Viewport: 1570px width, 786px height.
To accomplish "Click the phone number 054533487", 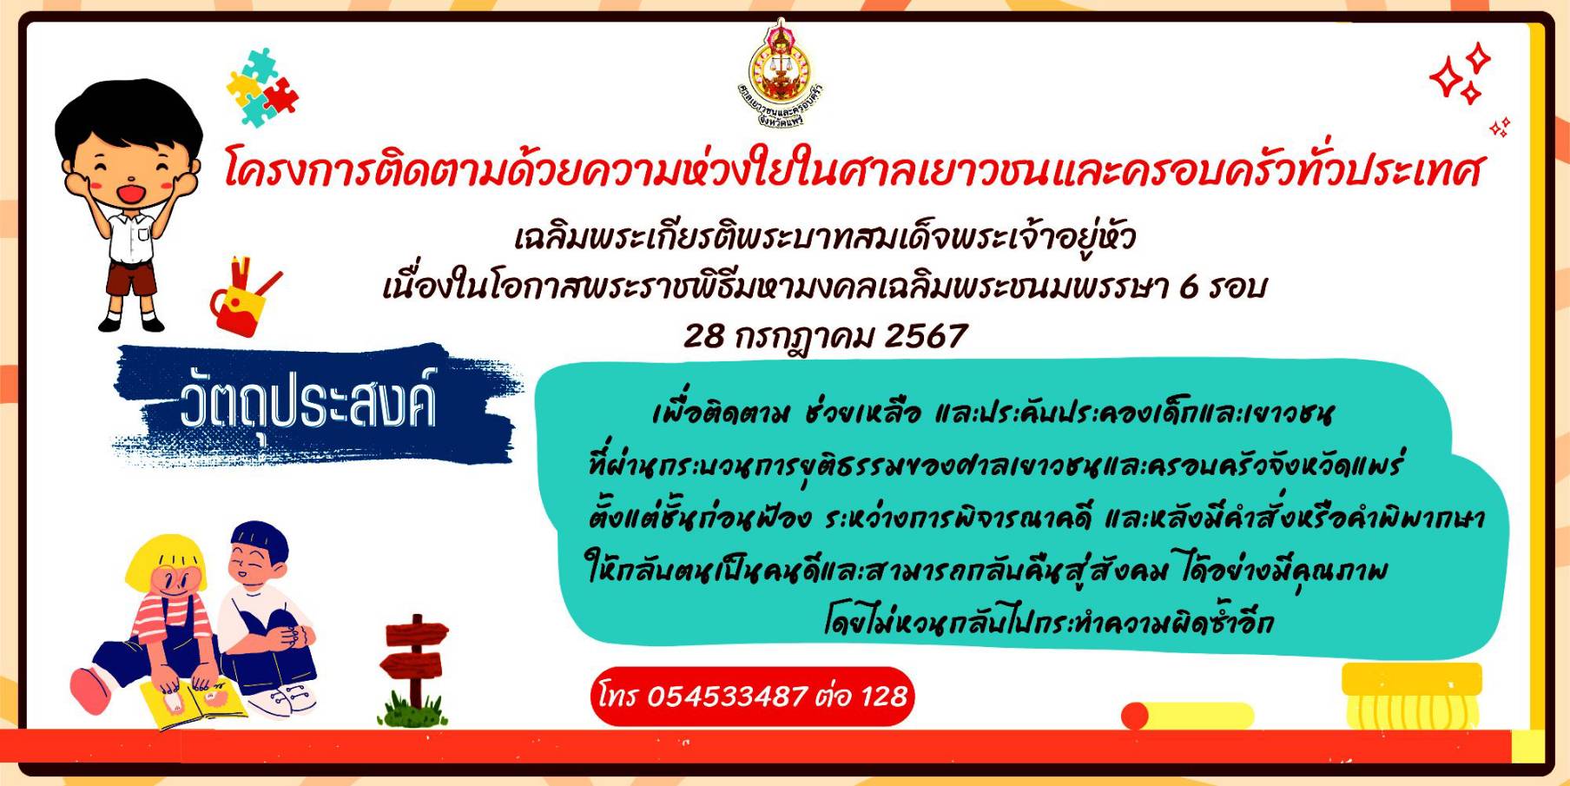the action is pyautogui.click(x=728, y=696).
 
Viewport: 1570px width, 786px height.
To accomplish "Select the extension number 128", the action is pyautogui.click(x=884, y=696).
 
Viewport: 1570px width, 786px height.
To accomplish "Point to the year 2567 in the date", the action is pyautogui.click(x=925, y=336).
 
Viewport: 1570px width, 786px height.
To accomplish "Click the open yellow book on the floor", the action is pyautogui.click(x=193, y=702).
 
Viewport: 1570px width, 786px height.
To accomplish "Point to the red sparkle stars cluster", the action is pyautogui.click(x=1460, y=75).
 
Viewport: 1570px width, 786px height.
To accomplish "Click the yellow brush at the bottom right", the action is pyautogui.click(x=1410, y=696).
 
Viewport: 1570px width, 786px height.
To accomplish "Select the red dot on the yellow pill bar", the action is pyautogui.click(x=1135, y=716).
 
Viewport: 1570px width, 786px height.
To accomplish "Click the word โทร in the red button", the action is pyautogui.click(x=618, y=695).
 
